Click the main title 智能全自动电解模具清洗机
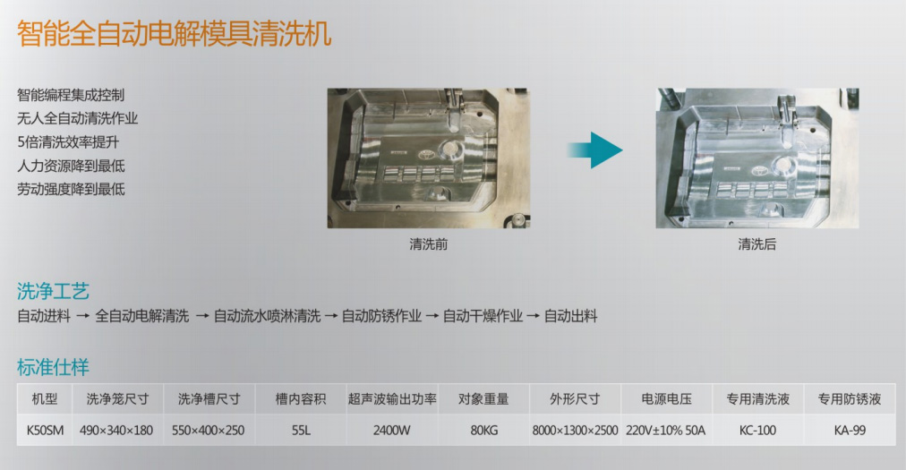point(174,33)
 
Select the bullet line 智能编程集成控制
point(71,95)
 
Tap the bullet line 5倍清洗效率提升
point(68,142)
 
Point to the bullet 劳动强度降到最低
point(71,189)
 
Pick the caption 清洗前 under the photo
point(428,244)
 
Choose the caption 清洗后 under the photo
point(756,244)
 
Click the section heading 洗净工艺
point(53,291)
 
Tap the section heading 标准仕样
point(53,367)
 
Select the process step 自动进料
point(44,316)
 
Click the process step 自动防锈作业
point(381,316)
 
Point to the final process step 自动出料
point(571,316)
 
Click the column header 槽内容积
point(301,399)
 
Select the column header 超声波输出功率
point(392,399)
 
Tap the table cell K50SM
point(45,430)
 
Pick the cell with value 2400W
point(392,430)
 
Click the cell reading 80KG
point(484,430)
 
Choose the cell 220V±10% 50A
point(666,430)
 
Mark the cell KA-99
point(850,430)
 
